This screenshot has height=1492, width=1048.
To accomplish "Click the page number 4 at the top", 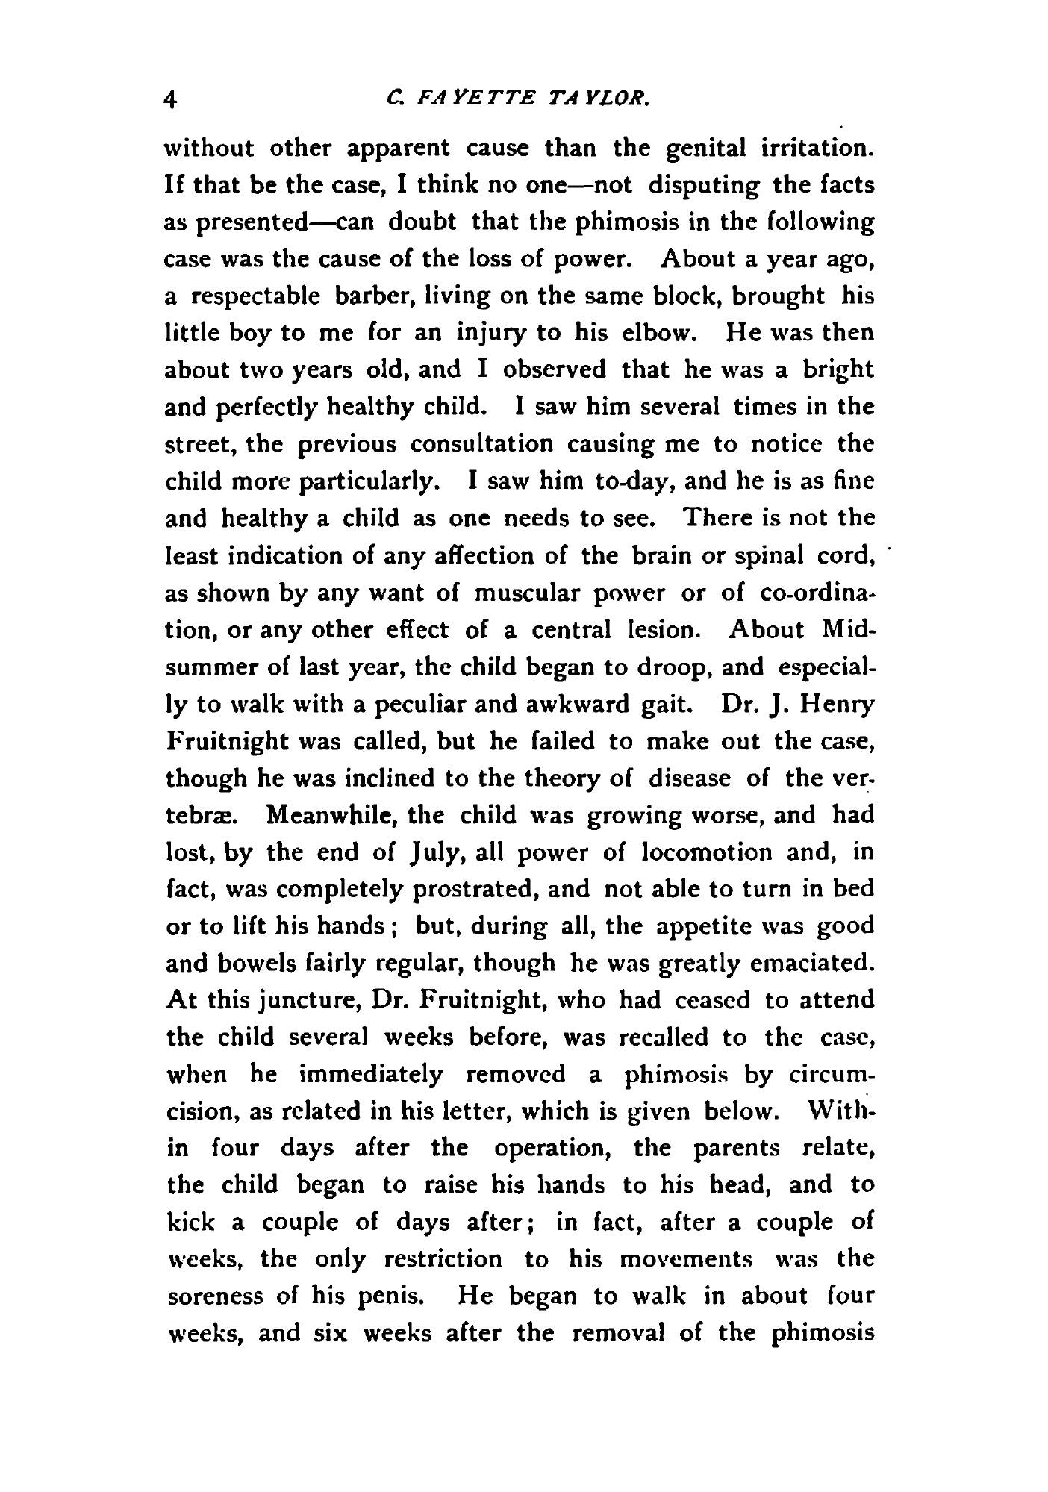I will (x=172, y=99).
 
